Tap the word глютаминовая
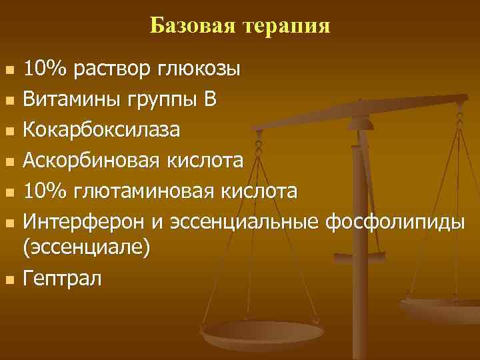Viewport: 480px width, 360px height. (x=147, y=190)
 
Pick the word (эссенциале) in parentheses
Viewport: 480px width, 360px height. (x=87, y=248)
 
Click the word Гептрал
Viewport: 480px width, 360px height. (x=62, y=277)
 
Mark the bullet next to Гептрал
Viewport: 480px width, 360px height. (x=9, y=278)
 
